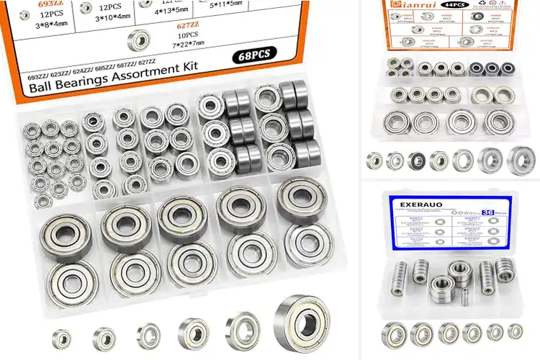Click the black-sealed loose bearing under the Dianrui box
coord(418,161)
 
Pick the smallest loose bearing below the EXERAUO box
coord(515,331)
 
